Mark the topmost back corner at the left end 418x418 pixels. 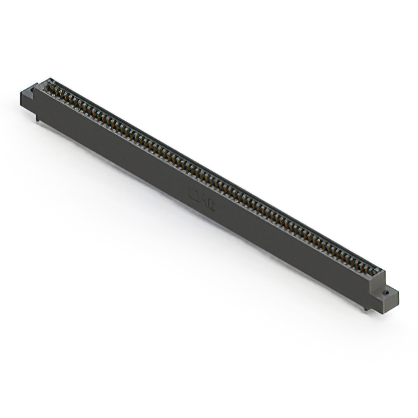click(x=48, y=79)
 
